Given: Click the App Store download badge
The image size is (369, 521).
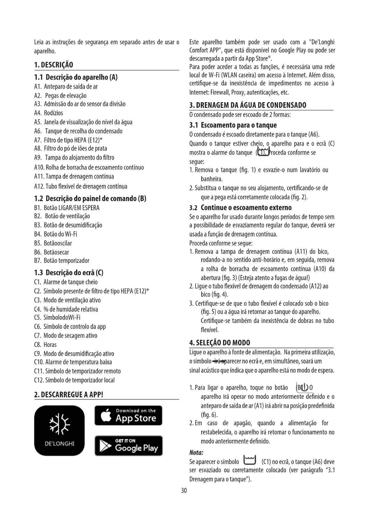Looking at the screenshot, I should pos(128,415).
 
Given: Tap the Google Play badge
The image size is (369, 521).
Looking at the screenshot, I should pos(128,446).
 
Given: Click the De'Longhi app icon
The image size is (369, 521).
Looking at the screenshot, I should pos(59,430).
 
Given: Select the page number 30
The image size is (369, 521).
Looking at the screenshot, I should pos(184,499).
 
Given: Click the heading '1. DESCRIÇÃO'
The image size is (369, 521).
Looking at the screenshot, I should pos(54,65).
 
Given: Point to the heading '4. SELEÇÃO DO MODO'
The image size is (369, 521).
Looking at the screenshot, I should pos(220,343).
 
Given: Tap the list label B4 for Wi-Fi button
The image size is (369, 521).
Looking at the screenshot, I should pos(38,234).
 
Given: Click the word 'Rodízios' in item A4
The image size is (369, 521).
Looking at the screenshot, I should pos(54,113).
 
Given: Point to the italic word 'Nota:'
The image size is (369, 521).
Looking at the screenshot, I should pos(196,453).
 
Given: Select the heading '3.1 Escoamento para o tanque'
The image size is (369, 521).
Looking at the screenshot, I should pos(233,125).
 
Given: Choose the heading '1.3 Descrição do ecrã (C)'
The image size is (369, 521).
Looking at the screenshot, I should pos(69,273).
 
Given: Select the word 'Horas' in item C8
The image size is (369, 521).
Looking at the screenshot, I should pos(50,345).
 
